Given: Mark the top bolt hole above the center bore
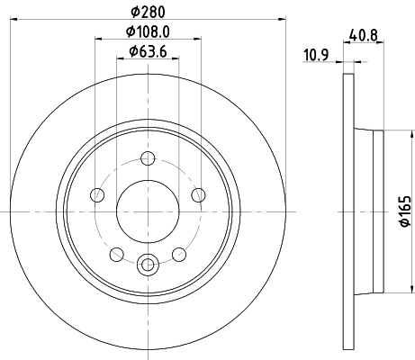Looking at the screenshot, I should [149, 163].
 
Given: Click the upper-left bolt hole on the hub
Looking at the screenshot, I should [96, 195].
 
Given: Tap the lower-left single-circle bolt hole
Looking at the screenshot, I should [116, 254].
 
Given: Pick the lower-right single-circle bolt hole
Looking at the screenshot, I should [182, 254].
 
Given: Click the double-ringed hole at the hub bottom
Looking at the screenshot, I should [149, 264].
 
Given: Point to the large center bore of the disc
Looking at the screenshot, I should [149, 211].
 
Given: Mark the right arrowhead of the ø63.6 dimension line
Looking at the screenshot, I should [178, 58].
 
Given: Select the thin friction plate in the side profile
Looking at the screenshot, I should [347, 211].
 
